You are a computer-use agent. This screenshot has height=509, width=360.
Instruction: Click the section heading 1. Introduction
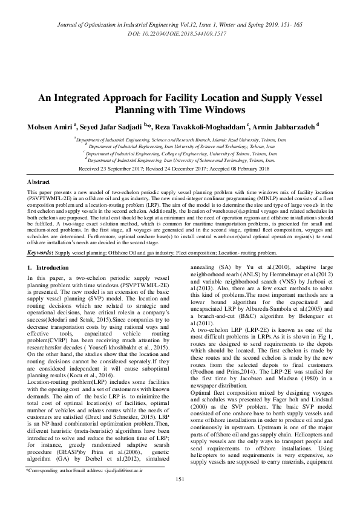tap(54, 267)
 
